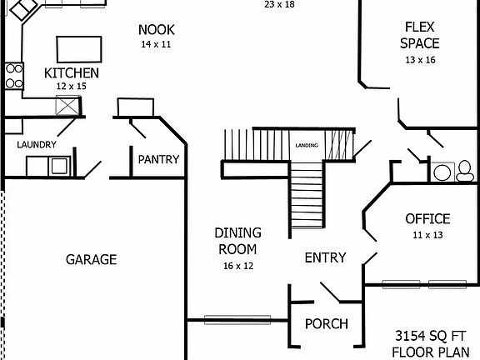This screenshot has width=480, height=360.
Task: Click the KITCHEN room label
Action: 72,72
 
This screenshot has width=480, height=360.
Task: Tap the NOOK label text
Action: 156,30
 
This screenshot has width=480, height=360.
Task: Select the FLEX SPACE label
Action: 419,35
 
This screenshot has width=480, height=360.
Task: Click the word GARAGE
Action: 91,259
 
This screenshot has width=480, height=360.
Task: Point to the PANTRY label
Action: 158,159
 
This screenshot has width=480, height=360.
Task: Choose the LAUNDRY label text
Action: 37,144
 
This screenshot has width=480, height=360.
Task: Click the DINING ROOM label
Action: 237,241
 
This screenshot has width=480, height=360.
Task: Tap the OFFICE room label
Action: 427,219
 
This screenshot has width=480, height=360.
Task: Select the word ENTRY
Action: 325,257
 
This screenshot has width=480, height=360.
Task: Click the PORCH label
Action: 326,324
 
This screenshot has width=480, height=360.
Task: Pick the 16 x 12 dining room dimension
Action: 237,266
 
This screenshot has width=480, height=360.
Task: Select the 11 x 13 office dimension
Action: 427,236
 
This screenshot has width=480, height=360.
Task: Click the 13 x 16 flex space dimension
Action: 419,60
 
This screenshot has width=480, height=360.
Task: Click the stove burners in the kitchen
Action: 13,76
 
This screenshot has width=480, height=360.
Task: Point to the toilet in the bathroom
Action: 464,172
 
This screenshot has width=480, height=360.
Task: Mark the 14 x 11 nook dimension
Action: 156,44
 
